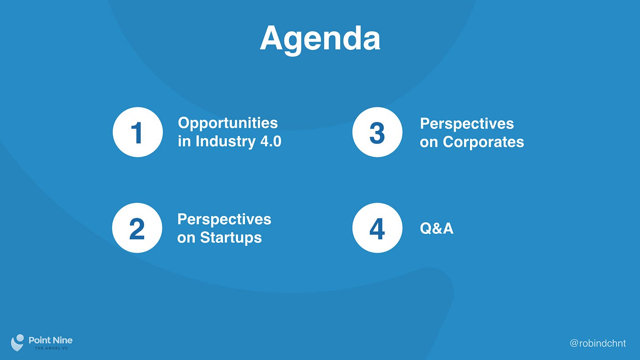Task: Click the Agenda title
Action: [x=320, y=39]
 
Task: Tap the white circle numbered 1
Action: [x=138, y=132]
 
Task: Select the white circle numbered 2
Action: [x=137, y=228]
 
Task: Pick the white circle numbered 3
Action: [x=377, y=132]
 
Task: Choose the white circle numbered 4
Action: [x=377, y=228]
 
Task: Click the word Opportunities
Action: [x=228, y=124]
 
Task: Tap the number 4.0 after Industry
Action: [x=271, y=141]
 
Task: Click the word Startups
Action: [x=231, y=238]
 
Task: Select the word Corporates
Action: [x=484, y=142]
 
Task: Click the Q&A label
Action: [x=437, y=228]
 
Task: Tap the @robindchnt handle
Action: [x=598, y=343]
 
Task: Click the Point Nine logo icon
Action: [x=17, y=343]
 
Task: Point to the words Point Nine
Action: [x=51, y=340]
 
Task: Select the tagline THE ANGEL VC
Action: [x=51, y=348]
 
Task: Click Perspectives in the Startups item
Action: [x=224, y=220]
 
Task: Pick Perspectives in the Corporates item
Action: [x=467, y=124]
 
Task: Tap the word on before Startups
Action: [x=186, y=238]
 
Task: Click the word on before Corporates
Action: [x=429, y=143]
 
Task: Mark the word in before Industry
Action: [x=184, y=141]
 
